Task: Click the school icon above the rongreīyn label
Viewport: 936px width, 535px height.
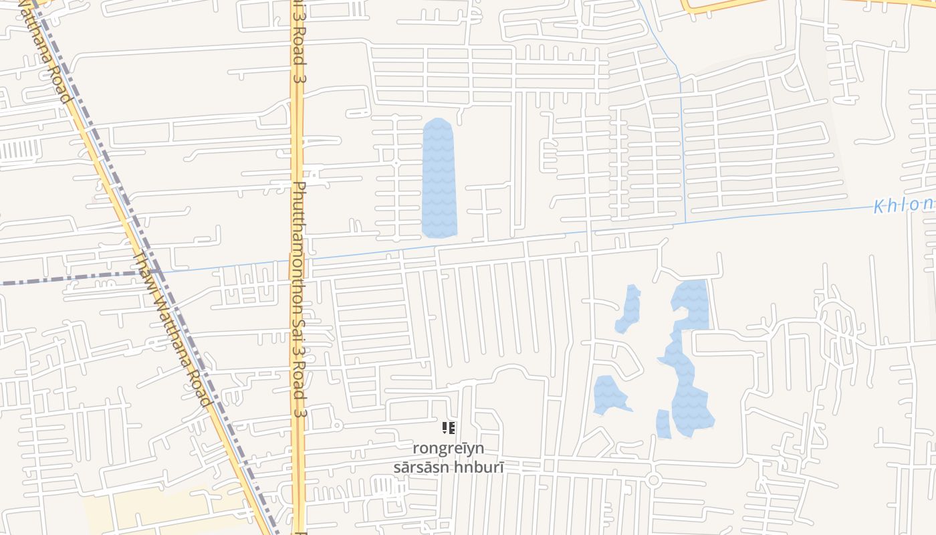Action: (x=449, y=427)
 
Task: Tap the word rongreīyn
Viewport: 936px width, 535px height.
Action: (x=448, y=448)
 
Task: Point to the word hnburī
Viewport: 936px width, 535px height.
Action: (x=479, y=467)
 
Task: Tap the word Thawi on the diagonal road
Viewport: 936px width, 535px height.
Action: (x=145, y=268)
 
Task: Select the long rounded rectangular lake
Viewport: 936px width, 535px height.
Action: (x=439, y=178)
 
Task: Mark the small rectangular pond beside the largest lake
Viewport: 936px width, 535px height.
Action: (x=663, y=423)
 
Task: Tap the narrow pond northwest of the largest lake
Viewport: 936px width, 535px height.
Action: (x=628, y=309)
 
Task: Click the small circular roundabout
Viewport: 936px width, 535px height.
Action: (x=654, y=479)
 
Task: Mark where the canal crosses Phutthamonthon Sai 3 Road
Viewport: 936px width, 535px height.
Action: (x=298, y=261)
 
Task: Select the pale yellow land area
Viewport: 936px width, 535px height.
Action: (x=154, y=512)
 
